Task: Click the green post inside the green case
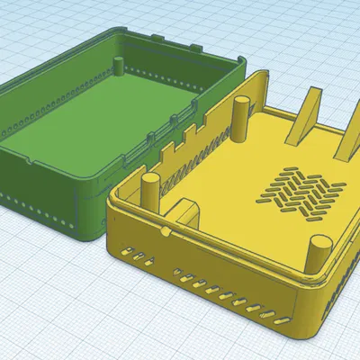point(120,65)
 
